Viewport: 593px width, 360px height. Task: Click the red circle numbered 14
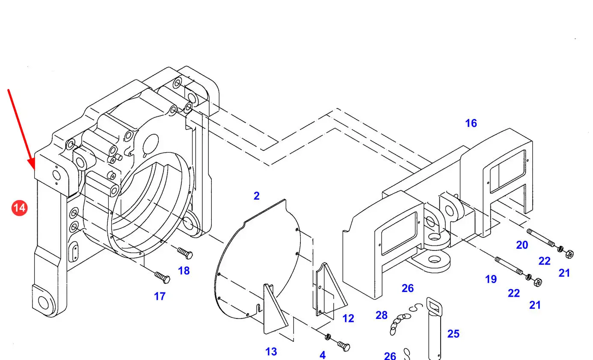click(x=20, y=208)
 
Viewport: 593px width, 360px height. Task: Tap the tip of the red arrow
click(x=34, y=170)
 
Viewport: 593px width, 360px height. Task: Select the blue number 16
click(x=471, y=123)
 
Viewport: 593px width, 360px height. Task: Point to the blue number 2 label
click(x=257, y=196)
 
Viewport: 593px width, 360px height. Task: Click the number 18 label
click(x=184, y=271)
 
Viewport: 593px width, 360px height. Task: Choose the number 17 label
click(x=160, y=296)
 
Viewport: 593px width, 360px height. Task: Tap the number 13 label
click(x=271, y=351)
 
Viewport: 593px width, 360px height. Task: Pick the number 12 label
click(x=348, y=319)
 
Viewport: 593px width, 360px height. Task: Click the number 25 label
click(x=453, y=334)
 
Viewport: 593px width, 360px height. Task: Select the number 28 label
click(x=382, y=315)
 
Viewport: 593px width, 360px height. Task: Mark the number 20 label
click(x=522, y=245)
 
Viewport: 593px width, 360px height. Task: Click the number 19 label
click(x=491, y=279)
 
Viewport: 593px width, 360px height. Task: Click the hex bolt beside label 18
click(x=185, y=253)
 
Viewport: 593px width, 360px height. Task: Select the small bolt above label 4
click(x=344, y=346)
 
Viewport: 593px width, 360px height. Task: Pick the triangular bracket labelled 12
click(x=331, y=289)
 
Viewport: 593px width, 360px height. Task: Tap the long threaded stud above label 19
click(x=509, y=266)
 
